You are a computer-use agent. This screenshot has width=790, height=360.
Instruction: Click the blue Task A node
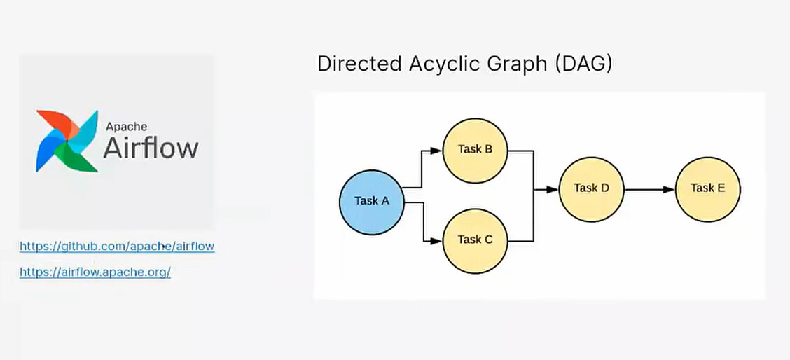point(372,202)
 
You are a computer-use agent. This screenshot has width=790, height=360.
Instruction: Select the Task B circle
point(475,151)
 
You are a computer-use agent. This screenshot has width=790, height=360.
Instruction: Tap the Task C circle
point(475,241)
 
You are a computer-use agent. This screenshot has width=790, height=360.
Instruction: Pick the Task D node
point(592,189)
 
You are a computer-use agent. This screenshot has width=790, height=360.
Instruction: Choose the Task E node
point(708,189)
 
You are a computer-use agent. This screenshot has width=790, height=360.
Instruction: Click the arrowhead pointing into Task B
point(436,151)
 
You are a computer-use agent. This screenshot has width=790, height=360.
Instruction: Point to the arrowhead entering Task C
point(436,241)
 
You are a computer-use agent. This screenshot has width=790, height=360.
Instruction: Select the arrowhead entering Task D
point(553,190)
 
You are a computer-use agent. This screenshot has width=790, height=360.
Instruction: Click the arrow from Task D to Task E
point(649,190)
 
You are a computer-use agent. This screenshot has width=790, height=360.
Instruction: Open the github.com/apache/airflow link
point(117,247)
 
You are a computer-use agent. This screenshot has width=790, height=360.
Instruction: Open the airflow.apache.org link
point(95,272)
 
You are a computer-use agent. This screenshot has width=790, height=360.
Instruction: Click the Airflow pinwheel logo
point(67,141)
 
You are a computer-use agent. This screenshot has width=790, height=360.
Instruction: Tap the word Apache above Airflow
point(127,127)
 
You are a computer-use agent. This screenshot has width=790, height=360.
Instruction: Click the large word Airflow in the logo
point(151,148)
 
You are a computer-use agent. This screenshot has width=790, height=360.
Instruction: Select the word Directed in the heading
point(360,64)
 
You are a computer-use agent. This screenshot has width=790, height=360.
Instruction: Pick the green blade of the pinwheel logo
point(76,158)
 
